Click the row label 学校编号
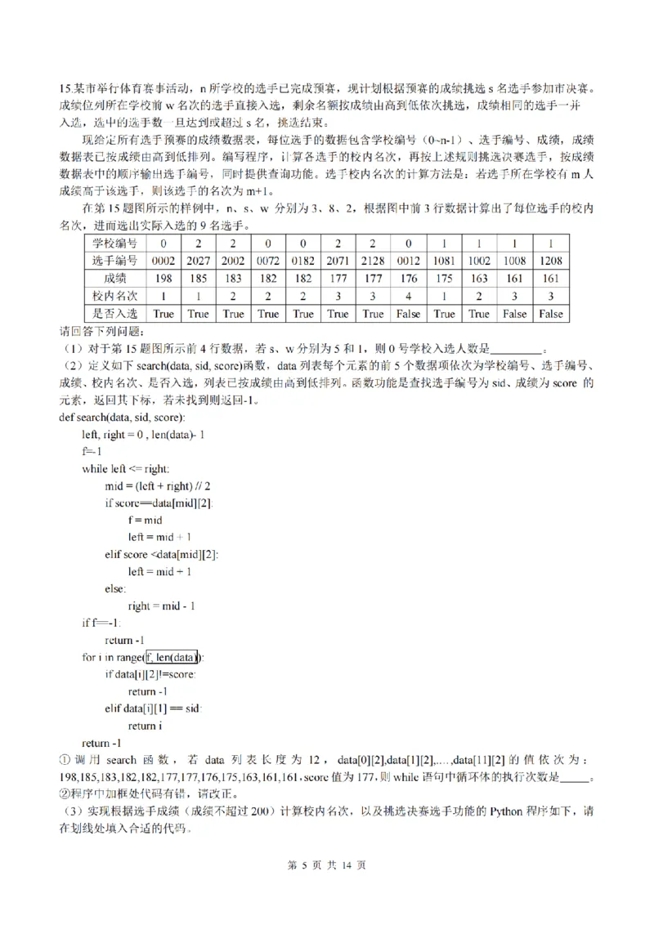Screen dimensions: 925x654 tap(114, 243)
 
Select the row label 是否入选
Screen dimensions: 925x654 tap(114, 313)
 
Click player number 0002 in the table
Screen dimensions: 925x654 tap(163, 261)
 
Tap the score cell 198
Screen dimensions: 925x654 tap(163, 278)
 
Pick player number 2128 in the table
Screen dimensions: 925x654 tap(374, 261)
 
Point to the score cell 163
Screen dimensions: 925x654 tap(479, 278)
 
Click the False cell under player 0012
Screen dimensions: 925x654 tap(409, 313)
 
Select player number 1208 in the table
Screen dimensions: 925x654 tap(549, 261)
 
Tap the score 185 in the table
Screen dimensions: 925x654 tap(199, 278)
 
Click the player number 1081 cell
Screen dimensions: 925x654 tap(444, 261)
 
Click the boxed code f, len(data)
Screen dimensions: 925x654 tap(173, 658)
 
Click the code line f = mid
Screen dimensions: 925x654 tap(146, 520)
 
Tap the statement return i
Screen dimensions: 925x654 tap(145, 726)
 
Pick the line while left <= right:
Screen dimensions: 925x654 tap(125, 468)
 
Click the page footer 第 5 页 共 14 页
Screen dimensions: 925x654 tap(327, 889)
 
